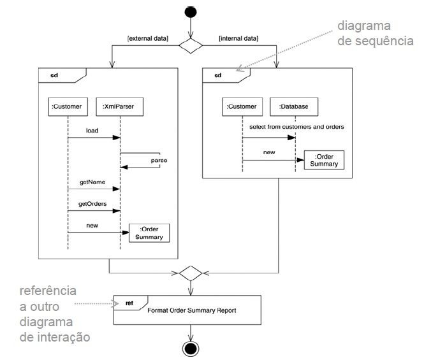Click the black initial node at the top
(191, 12)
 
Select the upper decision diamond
(191, 46)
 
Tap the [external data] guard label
(148, 40)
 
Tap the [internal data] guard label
(238, 40)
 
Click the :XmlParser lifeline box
(119, 106)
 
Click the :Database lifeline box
(294, 106)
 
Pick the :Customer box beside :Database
(242, 106)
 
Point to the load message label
(92, 131)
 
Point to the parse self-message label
(159, 161)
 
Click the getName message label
(92, 182)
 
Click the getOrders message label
(92, 204)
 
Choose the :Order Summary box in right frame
(325, 161)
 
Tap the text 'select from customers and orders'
(296, 127)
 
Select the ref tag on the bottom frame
(129, 303)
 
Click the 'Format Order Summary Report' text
(191, 311)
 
